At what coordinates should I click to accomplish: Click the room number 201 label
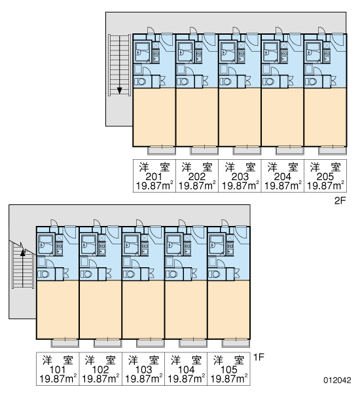(x=154, y=177)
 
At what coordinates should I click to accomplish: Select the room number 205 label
(x=325, y=177)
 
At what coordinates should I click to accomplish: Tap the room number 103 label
(x=143, y=369)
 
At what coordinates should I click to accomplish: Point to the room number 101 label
(x=58, y=369)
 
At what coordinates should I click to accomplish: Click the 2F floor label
(x=340, y=201)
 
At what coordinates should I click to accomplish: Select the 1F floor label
(x=259, y=357)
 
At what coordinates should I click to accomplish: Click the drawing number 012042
(x=337, y=380)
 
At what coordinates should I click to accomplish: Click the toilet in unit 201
(x=140, y=82)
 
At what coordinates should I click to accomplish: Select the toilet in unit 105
(x=215, y=274)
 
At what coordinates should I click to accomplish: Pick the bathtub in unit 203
(x=228, y=52)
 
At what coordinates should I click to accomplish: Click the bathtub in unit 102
(x=88, y=244)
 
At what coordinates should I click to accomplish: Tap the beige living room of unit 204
(x=282, y=117)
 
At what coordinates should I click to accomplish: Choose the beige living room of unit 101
(x=58, y=310)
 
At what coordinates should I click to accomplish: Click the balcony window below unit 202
(x=204, y=151)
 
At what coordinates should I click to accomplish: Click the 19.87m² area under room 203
(x=240, y=186)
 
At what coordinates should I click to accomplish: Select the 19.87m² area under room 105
(x=229, y=379)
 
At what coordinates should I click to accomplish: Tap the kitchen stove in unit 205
(x=327, y=56)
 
